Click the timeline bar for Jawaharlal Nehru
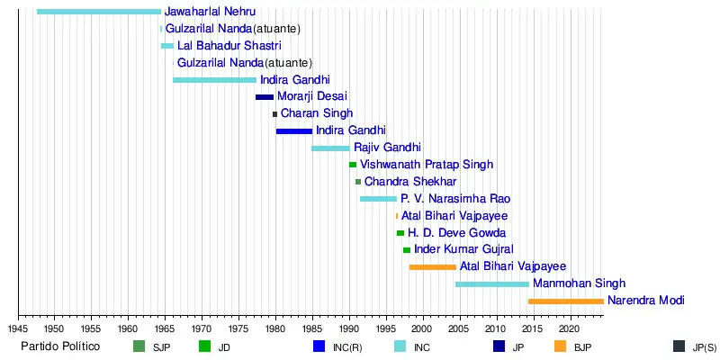pos(99,12)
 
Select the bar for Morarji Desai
pos(265,97)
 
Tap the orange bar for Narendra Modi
pos(565,301)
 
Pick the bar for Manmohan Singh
pos(492,284)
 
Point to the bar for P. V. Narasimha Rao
pos(378,199)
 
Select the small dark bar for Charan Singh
pos(275,114)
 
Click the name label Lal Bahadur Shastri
pos(229,46)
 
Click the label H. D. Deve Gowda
pos(456,233)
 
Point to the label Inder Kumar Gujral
pos(463,249)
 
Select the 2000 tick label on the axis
pos(422,328)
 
